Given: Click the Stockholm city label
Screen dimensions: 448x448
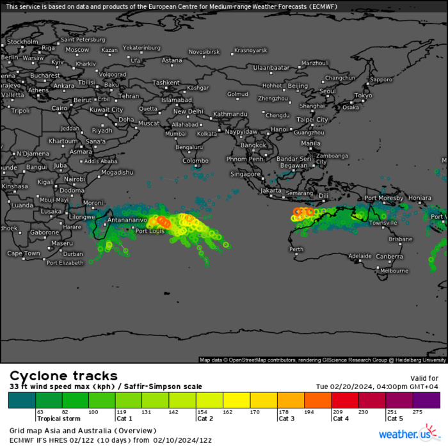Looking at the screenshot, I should [x=22, y=42].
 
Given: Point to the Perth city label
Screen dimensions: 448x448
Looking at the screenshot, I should [x=296, y=249].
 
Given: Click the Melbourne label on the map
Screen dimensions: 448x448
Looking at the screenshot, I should [x=394, y=271].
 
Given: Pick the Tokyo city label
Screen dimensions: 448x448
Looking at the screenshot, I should [x=363, y=95].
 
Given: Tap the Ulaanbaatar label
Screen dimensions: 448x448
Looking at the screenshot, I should [x=272, y=67].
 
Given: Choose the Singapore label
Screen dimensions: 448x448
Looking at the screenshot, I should [x=246, y=173].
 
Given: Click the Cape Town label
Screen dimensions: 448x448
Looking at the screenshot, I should [x=24, y=253].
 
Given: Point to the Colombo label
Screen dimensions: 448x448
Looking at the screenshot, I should [x=196, y=161].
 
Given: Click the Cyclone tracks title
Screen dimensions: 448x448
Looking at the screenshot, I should [x=63, y=376].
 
